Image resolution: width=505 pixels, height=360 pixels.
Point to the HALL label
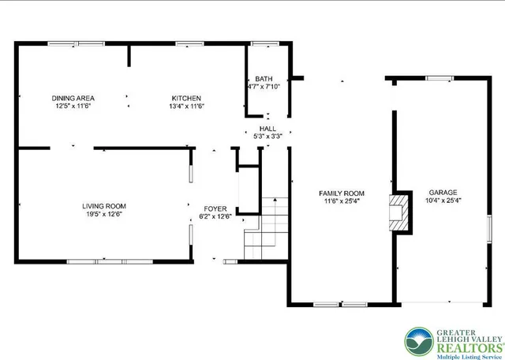coord(267,129)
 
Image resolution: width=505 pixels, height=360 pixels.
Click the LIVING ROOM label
coord(104,206)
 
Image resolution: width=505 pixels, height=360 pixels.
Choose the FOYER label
coord(215,208)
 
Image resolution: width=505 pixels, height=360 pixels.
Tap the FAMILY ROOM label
coord(341,193)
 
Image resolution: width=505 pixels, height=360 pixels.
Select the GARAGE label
coord(443,192)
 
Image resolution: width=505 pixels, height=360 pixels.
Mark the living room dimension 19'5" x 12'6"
coord(103,214)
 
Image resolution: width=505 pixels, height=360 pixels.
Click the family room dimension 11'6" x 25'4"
coord(341,201)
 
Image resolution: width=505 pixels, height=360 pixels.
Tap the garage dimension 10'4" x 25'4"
coord(443,200)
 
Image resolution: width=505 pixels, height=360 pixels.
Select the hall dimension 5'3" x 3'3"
coord(267,136)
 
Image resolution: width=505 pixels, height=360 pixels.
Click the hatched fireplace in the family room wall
coord(401,212)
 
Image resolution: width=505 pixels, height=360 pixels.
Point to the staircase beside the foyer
coord(264,230)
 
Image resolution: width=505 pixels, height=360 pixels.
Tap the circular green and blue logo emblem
coord(419,340)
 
